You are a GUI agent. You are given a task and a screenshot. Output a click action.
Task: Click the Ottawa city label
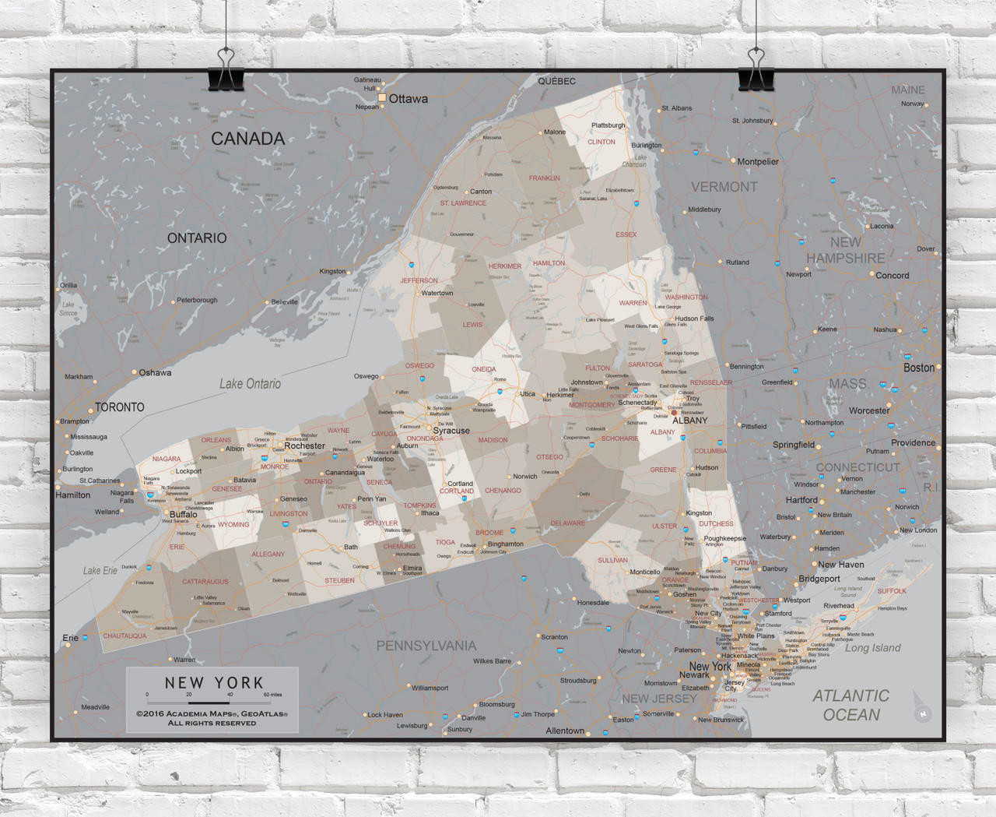[408, 99]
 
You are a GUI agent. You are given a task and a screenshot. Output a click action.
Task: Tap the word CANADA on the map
[247, 139]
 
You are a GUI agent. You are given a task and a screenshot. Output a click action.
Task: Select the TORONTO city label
[119, 407]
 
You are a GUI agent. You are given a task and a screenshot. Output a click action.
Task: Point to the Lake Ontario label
[250, 383]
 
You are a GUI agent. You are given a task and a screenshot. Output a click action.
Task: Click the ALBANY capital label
[689, 421]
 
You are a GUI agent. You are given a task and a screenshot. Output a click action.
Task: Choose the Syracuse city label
[451, 431]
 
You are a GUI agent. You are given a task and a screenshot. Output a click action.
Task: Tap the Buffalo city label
[183, 515]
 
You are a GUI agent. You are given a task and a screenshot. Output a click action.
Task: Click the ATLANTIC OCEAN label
[850, 705]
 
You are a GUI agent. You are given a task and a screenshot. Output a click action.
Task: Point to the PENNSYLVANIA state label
[426, 646]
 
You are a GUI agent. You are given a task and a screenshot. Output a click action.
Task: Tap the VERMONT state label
[724, 187]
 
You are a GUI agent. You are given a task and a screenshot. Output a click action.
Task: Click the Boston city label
[919, 368]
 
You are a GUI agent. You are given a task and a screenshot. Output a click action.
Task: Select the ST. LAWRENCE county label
[463, 203]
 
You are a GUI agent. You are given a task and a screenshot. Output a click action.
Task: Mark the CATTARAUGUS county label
[205, 582]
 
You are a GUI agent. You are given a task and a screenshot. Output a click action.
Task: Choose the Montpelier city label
[758, 162]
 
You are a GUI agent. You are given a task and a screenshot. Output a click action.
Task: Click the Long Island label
[872, 648]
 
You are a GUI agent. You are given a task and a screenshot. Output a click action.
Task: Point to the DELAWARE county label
[567, 523]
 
